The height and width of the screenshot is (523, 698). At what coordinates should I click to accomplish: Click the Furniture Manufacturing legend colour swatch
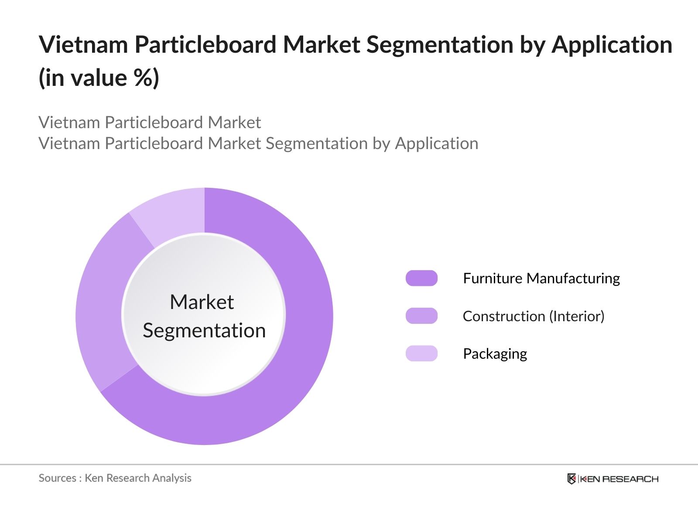(x=421, y=278)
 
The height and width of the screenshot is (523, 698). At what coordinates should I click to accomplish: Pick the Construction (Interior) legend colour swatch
(x=421, y=316)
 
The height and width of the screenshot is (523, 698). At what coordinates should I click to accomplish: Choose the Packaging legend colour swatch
(x=421, y=353)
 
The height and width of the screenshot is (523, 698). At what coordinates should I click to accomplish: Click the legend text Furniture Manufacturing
(x=541, y=278)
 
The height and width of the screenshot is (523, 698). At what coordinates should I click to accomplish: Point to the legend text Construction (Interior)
(x=534, y=316)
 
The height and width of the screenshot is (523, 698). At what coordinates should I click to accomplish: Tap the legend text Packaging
(x=495, y=353)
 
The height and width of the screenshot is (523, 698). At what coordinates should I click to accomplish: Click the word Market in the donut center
(x=202, y=302)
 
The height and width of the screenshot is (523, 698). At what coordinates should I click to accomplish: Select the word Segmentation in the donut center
(x=204, y=330)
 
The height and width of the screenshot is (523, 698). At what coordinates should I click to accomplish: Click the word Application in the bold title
(x=612, y=44)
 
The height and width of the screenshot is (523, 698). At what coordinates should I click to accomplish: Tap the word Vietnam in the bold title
(x=83, y=44)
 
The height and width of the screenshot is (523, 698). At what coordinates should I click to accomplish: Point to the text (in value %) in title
(x=99, y=78)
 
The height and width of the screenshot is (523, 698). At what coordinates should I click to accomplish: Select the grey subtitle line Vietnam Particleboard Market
(x=150, y=122)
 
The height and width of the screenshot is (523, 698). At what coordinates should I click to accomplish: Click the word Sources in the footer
(x=57, y=478)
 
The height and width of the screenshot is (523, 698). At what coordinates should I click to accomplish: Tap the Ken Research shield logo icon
(x=571, y=479)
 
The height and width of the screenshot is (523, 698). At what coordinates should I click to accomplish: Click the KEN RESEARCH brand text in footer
(x=619, y=479)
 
